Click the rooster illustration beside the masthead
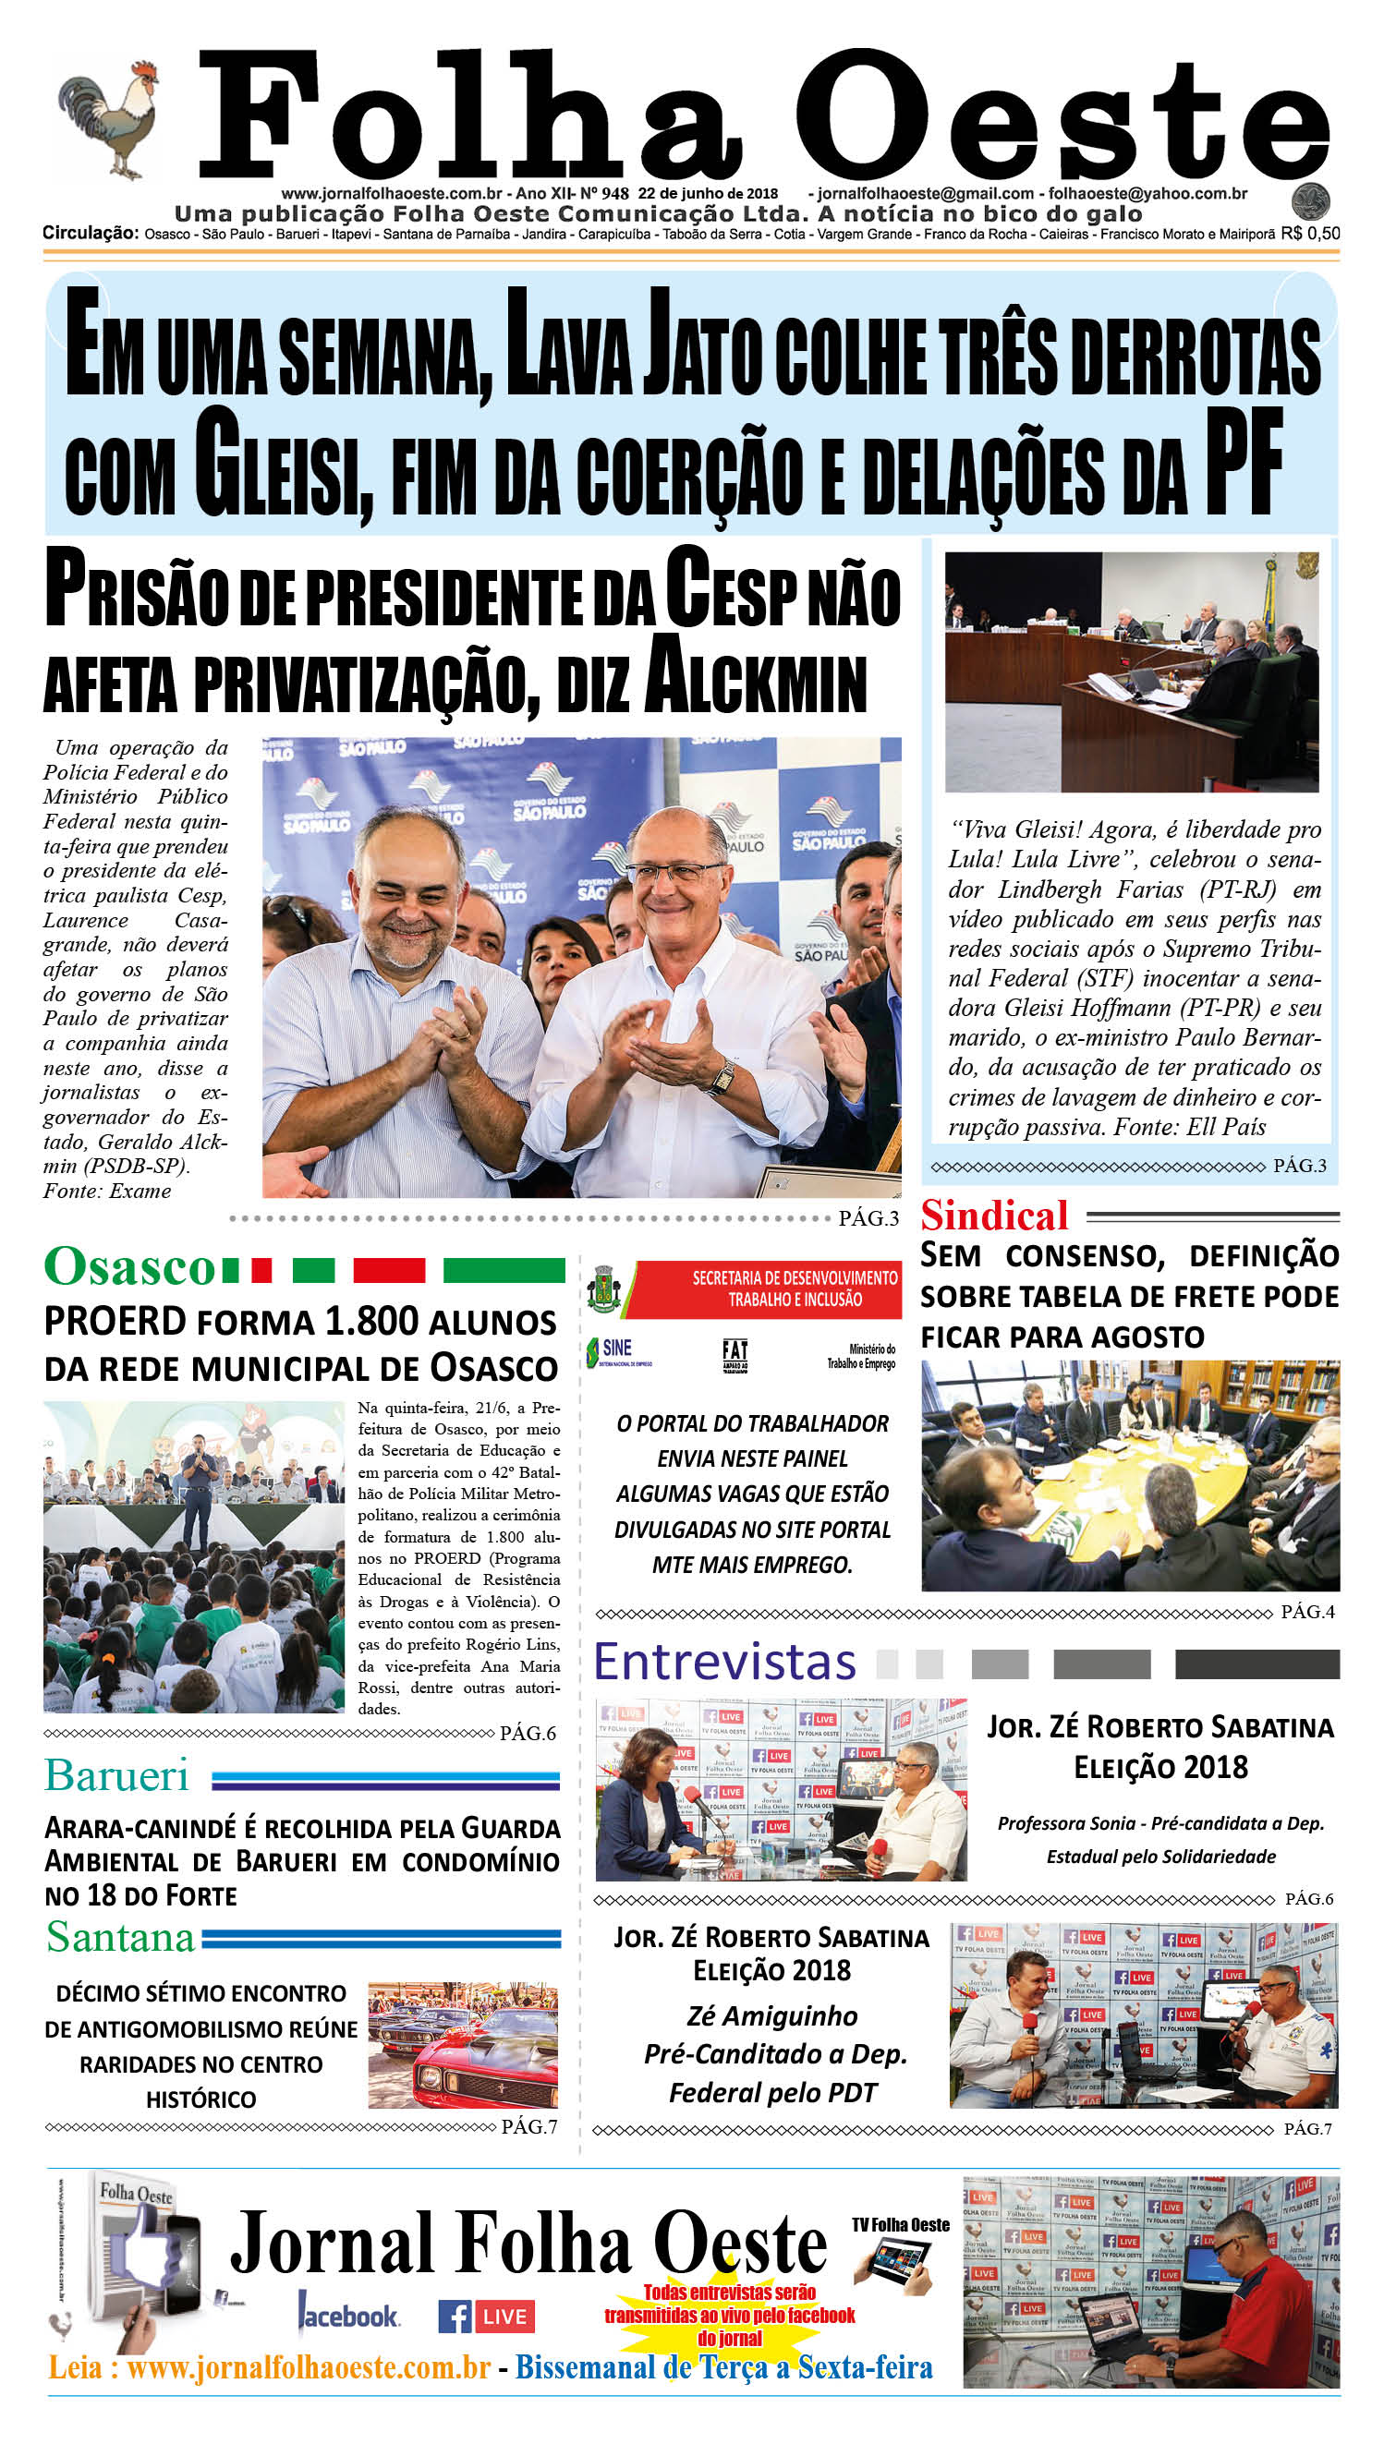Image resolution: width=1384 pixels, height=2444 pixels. coord(106,119)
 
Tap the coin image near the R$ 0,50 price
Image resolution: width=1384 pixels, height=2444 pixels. coord(1310,201)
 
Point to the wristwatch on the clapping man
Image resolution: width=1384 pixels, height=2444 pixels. coord(722,1076)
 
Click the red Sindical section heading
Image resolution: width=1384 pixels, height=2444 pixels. coord(994,1216)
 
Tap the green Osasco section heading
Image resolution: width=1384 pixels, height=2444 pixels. coord(130,1266)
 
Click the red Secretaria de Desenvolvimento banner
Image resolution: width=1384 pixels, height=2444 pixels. coord(795,1289)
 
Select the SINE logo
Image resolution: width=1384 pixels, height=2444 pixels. coord(618,1350)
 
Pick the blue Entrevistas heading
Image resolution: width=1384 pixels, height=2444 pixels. coord(724,1662)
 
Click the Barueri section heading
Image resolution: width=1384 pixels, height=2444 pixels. coord(117,1775)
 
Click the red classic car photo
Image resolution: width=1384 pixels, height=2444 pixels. coord(463,2045)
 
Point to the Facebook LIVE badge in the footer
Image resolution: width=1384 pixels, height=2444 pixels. coord(486,2317)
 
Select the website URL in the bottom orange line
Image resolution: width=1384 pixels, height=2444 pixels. coord(308,2367)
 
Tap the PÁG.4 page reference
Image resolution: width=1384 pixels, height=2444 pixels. coord(1307,1612)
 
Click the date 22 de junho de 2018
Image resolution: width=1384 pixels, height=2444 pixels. coord(707,193)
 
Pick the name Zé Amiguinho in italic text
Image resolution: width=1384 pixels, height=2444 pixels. coord(771,2016)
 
